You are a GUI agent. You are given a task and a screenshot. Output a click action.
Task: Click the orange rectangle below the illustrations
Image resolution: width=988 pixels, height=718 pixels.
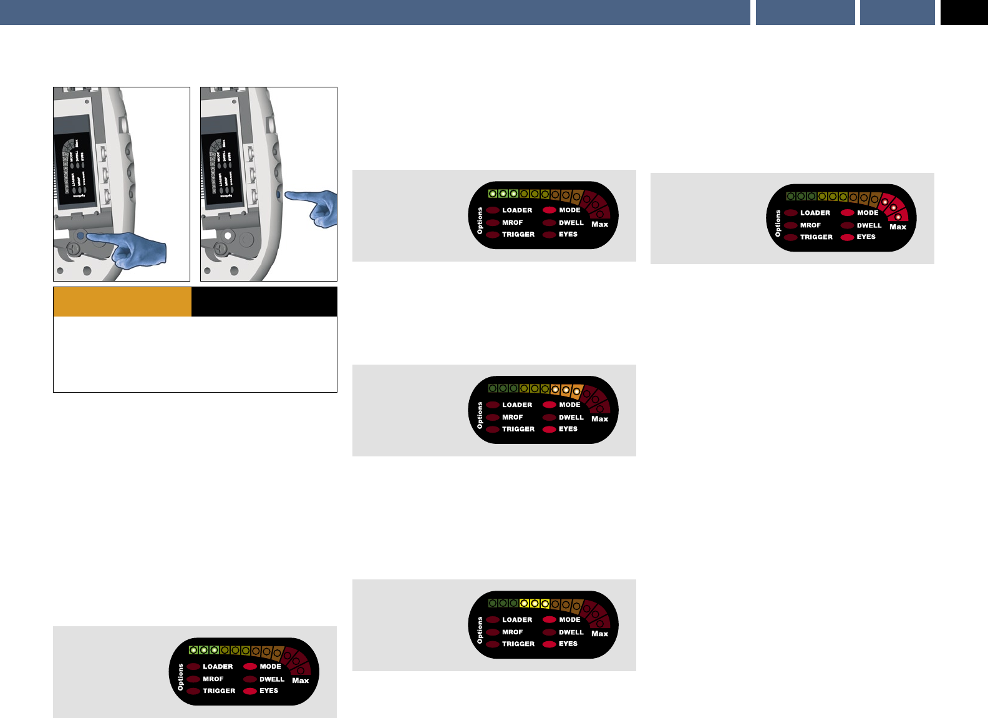click(122, 302)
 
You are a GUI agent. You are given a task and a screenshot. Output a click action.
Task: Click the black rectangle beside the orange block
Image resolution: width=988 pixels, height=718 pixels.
click(264, 302)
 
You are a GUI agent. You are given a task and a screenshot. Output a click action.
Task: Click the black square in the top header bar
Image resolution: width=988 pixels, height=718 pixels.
click(964, 12)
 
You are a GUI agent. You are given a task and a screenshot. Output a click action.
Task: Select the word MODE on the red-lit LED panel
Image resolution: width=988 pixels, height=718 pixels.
click(868, 213)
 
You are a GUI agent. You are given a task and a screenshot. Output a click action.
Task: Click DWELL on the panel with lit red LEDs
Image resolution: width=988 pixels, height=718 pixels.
click(869, 225)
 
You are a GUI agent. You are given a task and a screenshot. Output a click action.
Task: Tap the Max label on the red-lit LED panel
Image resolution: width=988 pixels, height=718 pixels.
click(898, 227)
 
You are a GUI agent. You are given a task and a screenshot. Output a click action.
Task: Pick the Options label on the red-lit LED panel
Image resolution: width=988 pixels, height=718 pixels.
click(778, 224)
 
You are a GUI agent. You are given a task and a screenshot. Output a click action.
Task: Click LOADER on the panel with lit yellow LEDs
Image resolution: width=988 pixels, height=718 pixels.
click(517, 620)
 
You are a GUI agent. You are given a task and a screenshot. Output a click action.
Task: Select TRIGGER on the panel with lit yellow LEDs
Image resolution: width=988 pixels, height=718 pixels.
click(518, 644)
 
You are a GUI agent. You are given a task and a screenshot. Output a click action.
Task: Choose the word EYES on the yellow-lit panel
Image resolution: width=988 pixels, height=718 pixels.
click(568, 644)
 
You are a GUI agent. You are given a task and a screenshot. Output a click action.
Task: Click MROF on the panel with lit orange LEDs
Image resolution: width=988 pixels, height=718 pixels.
click(513, 417)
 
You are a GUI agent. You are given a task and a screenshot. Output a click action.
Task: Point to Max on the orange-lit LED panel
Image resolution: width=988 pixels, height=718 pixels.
click(599, 419)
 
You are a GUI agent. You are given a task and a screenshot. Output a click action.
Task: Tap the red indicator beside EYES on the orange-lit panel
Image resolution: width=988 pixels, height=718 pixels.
click(549, 430)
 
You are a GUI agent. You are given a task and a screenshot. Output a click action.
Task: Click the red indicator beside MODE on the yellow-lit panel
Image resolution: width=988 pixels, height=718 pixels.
click(549, 620)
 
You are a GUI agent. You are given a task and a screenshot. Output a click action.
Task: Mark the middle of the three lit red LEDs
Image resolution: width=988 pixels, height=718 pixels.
click(893, 207)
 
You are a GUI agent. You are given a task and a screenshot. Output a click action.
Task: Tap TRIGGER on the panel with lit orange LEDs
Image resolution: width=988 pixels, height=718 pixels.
click(518, 429)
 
